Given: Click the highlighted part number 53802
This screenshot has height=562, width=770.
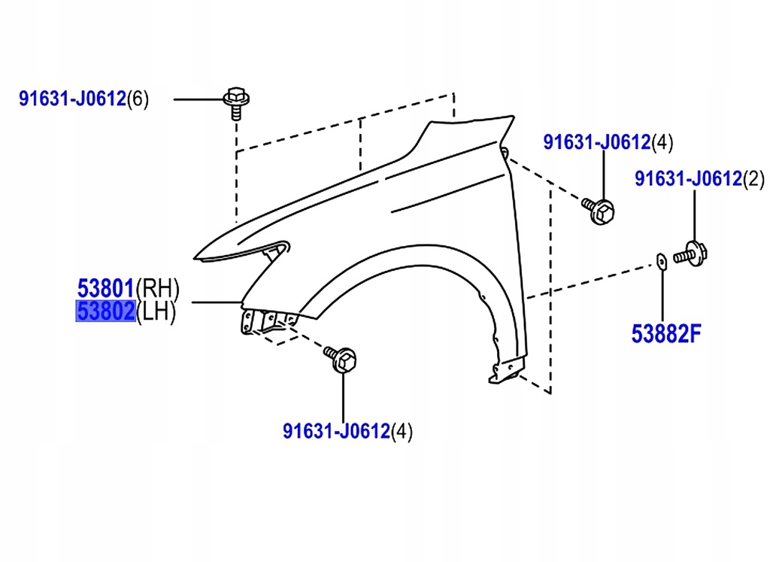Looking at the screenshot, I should click(x=105, y=311).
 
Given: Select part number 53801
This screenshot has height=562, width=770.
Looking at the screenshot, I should click(x=105, y=287).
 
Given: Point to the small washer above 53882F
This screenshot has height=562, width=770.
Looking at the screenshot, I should click(x=662, y=260).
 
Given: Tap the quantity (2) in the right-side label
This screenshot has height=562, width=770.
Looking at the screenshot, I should click(x=753, y=179).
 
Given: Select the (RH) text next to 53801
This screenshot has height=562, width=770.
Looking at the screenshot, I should click(x=157, y=287).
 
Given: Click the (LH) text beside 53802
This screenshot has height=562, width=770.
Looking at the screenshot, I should click(x=156, y=311).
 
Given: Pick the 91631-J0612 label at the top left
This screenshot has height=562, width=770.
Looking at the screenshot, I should click(x=71, y=99).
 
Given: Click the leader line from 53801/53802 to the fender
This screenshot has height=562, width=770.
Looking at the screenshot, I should click(x=216, y=302).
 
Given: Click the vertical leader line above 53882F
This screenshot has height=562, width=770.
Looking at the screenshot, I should click(x=662, y=297).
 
